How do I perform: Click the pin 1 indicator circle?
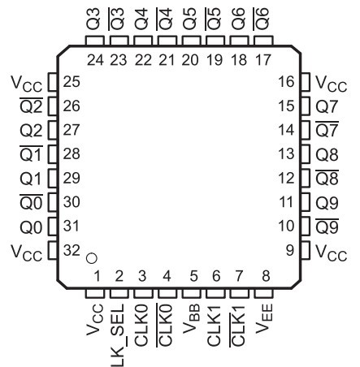pos(91,258)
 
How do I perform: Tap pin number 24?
pos(95,60)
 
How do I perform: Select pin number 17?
pos(263,60)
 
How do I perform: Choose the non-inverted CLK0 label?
pos(141,325)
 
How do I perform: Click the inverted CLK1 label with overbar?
pos(238,326)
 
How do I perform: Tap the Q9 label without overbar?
pos(327,203)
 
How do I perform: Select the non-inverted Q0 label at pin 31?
pos(31,227)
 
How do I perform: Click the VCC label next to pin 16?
pos(332,84)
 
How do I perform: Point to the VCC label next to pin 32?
pos(27,253)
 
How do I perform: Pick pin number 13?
pos(286,154)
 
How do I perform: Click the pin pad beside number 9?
pos(306,250)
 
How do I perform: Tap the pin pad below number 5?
pos(192,294)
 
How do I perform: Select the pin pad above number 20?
pos(192,41)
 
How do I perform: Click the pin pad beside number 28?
pos(53,154)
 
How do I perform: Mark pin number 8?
pos(266,276)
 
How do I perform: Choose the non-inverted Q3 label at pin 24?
pos(93,19)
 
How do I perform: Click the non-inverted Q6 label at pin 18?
pos(238,19)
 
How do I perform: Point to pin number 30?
pos(72,202)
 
